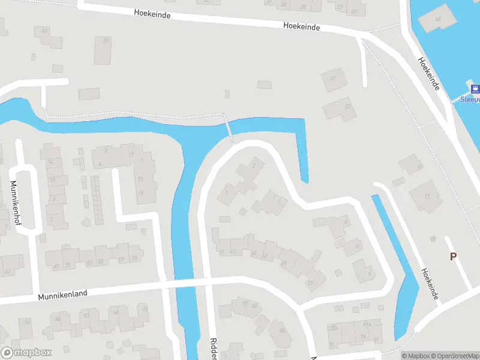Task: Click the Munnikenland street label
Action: tap(63, 294)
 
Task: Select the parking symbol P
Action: tap(454, 257)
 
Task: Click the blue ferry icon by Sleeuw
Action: tap(475, 90)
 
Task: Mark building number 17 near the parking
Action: tap(427, 196)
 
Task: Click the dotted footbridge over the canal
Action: tap(229, 127)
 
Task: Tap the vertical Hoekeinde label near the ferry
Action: tap(430, 73)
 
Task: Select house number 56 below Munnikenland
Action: tap(28, 322)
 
